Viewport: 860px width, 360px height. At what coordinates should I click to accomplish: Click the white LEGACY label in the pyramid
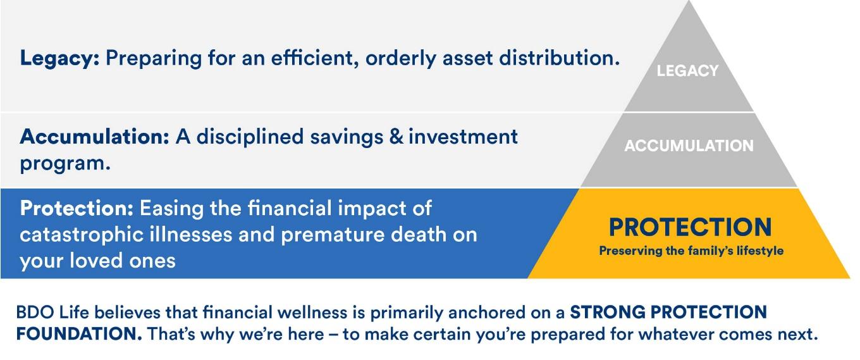(687, 71)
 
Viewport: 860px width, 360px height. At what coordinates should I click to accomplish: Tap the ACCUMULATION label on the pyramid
(689, 146)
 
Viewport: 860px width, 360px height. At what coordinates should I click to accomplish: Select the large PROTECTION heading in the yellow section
(691, 227)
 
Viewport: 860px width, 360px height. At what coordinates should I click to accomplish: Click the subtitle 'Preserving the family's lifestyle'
(691, 251)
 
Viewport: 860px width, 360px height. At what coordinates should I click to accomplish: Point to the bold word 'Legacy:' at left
(59, 59)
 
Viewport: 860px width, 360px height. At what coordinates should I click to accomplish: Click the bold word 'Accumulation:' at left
(94, 137)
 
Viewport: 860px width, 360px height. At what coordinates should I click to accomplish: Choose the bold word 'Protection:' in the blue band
(77, 209)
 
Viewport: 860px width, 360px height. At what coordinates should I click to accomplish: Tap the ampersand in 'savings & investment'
(396, 137)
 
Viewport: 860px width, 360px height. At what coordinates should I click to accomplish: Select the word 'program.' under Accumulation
(65, 164)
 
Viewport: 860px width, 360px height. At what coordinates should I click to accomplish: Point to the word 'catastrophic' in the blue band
(82, 235)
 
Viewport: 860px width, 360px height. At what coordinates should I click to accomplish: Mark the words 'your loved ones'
(97, 261)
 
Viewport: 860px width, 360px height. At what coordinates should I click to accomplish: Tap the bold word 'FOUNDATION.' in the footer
(79, 334)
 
